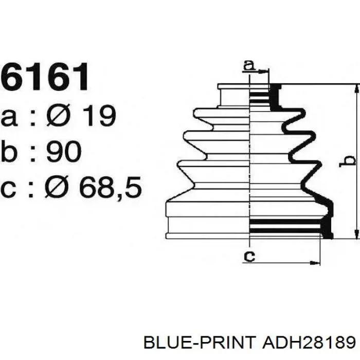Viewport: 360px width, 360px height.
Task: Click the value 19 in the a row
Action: (x=99, y=116)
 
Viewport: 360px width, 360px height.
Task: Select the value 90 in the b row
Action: (x=64, y=151)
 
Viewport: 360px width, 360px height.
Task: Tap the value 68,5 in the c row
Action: (x=110, y=187)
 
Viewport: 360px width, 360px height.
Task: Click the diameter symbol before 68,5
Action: (x=57, y=186)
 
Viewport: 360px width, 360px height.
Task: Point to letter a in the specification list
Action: (x=9, y=118)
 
